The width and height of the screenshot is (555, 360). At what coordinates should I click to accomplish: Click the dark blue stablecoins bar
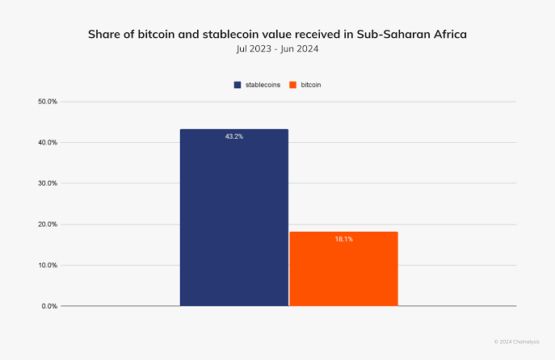tap(233, 218)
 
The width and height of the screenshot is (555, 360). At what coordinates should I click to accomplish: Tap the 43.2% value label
tap(233, 136)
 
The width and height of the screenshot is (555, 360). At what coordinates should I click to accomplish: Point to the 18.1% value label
tap(343, 239)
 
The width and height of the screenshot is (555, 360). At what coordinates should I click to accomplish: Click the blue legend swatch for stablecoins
tap(238, 85)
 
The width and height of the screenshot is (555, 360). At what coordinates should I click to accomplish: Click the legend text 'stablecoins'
tap(263, 85)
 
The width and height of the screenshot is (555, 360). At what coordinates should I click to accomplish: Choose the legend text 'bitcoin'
tap(313, 85)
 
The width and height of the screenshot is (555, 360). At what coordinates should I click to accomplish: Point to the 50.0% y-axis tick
tap(48, 102)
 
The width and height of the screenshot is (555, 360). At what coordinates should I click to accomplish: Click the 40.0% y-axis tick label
tap(48, 143)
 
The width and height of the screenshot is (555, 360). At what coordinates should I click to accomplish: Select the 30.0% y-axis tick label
tap(48, 183)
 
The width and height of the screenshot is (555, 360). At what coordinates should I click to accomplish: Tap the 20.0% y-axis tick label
tap(48, 224)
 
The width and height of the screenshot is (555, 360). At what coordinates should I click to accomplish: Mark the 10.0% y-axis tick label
tap(48, 265)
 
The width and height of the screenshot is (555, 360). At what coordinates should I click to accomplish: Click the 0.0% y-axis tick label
tap(49, 306)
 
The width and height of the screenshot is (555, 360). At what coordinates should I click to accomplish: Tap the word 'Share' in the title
tap(104, 35)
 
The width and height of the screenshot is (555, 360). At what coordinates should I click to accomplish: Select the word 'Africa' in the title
tap(448, 35)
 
